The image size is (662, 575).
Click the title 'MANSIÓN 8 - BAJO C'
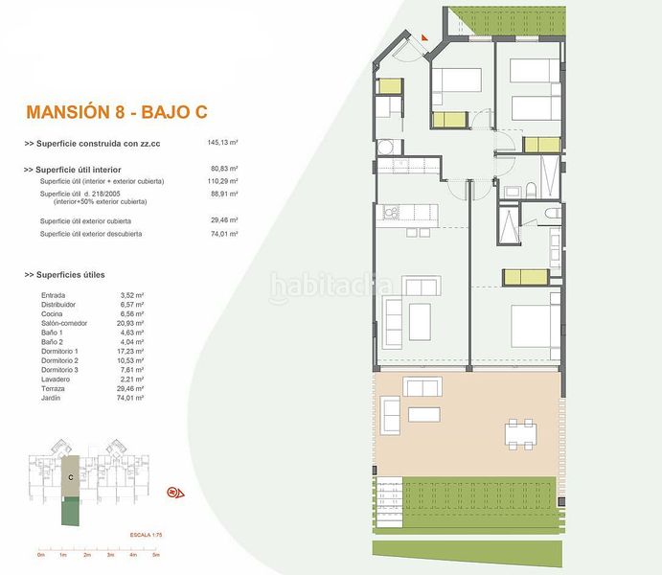(117, 111)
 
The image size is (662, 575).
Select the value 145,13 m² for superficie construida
(223, 144)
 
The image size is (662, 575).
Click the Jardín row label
(53, 400)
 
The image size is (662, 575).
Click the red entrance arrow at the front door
(422, 38)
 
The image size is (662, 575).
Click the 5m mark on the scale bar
(155, 555)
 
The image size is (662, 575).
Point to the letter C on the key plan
(70, 474)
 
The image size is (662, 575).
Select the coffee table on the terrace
(423, 414)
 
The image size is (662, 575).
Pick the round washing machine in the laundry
(387, 147)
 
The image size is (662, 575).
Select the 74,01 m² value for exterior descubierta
(223, 233)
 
